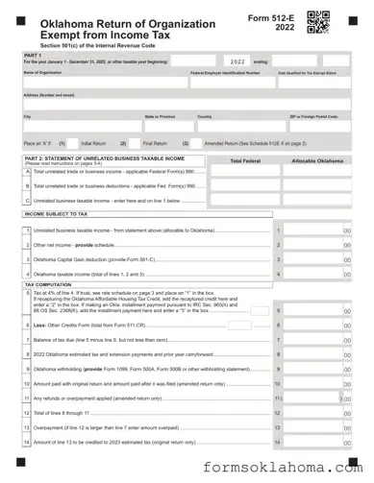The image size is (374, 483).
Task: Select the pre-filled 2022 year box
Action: pyautogui.click(x=237, y=60)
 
